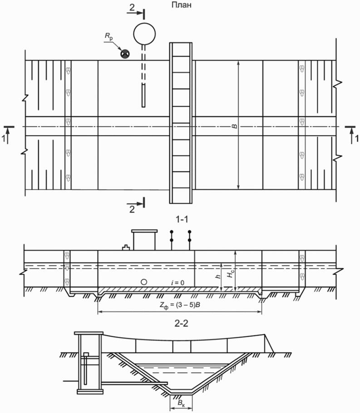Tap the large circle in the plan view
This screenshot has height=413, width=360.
(144, 33)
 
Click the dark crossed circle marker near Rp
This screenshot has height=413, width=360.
(124, 54)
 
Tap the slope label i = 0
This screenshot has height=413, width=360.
(173, 282)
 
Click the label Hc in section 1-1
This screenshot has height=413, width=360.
(231, 273)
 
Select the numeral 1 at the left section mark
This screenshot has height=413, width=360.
(5, 140)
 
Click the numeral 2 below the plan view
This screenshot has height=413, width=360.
(132, 209)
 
